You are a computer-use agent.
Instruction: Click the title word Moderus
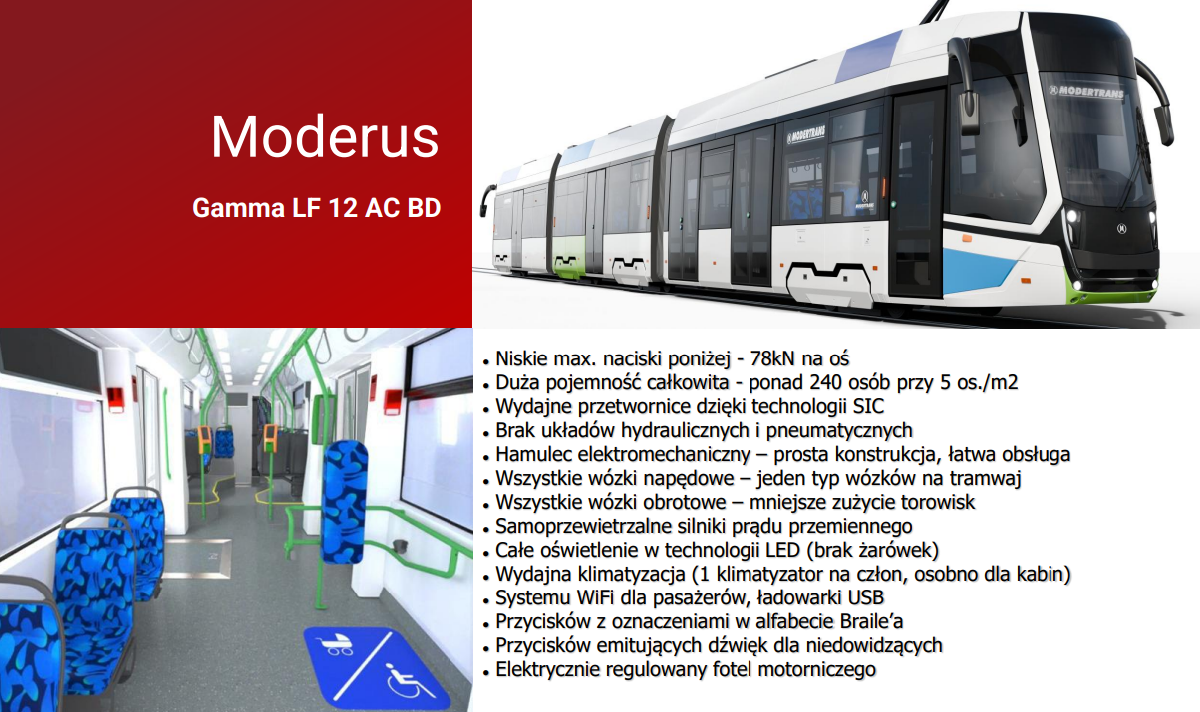tap(324, 136)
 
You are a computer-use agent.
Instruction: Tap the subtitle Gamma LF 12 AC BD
tap(316, 210)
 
